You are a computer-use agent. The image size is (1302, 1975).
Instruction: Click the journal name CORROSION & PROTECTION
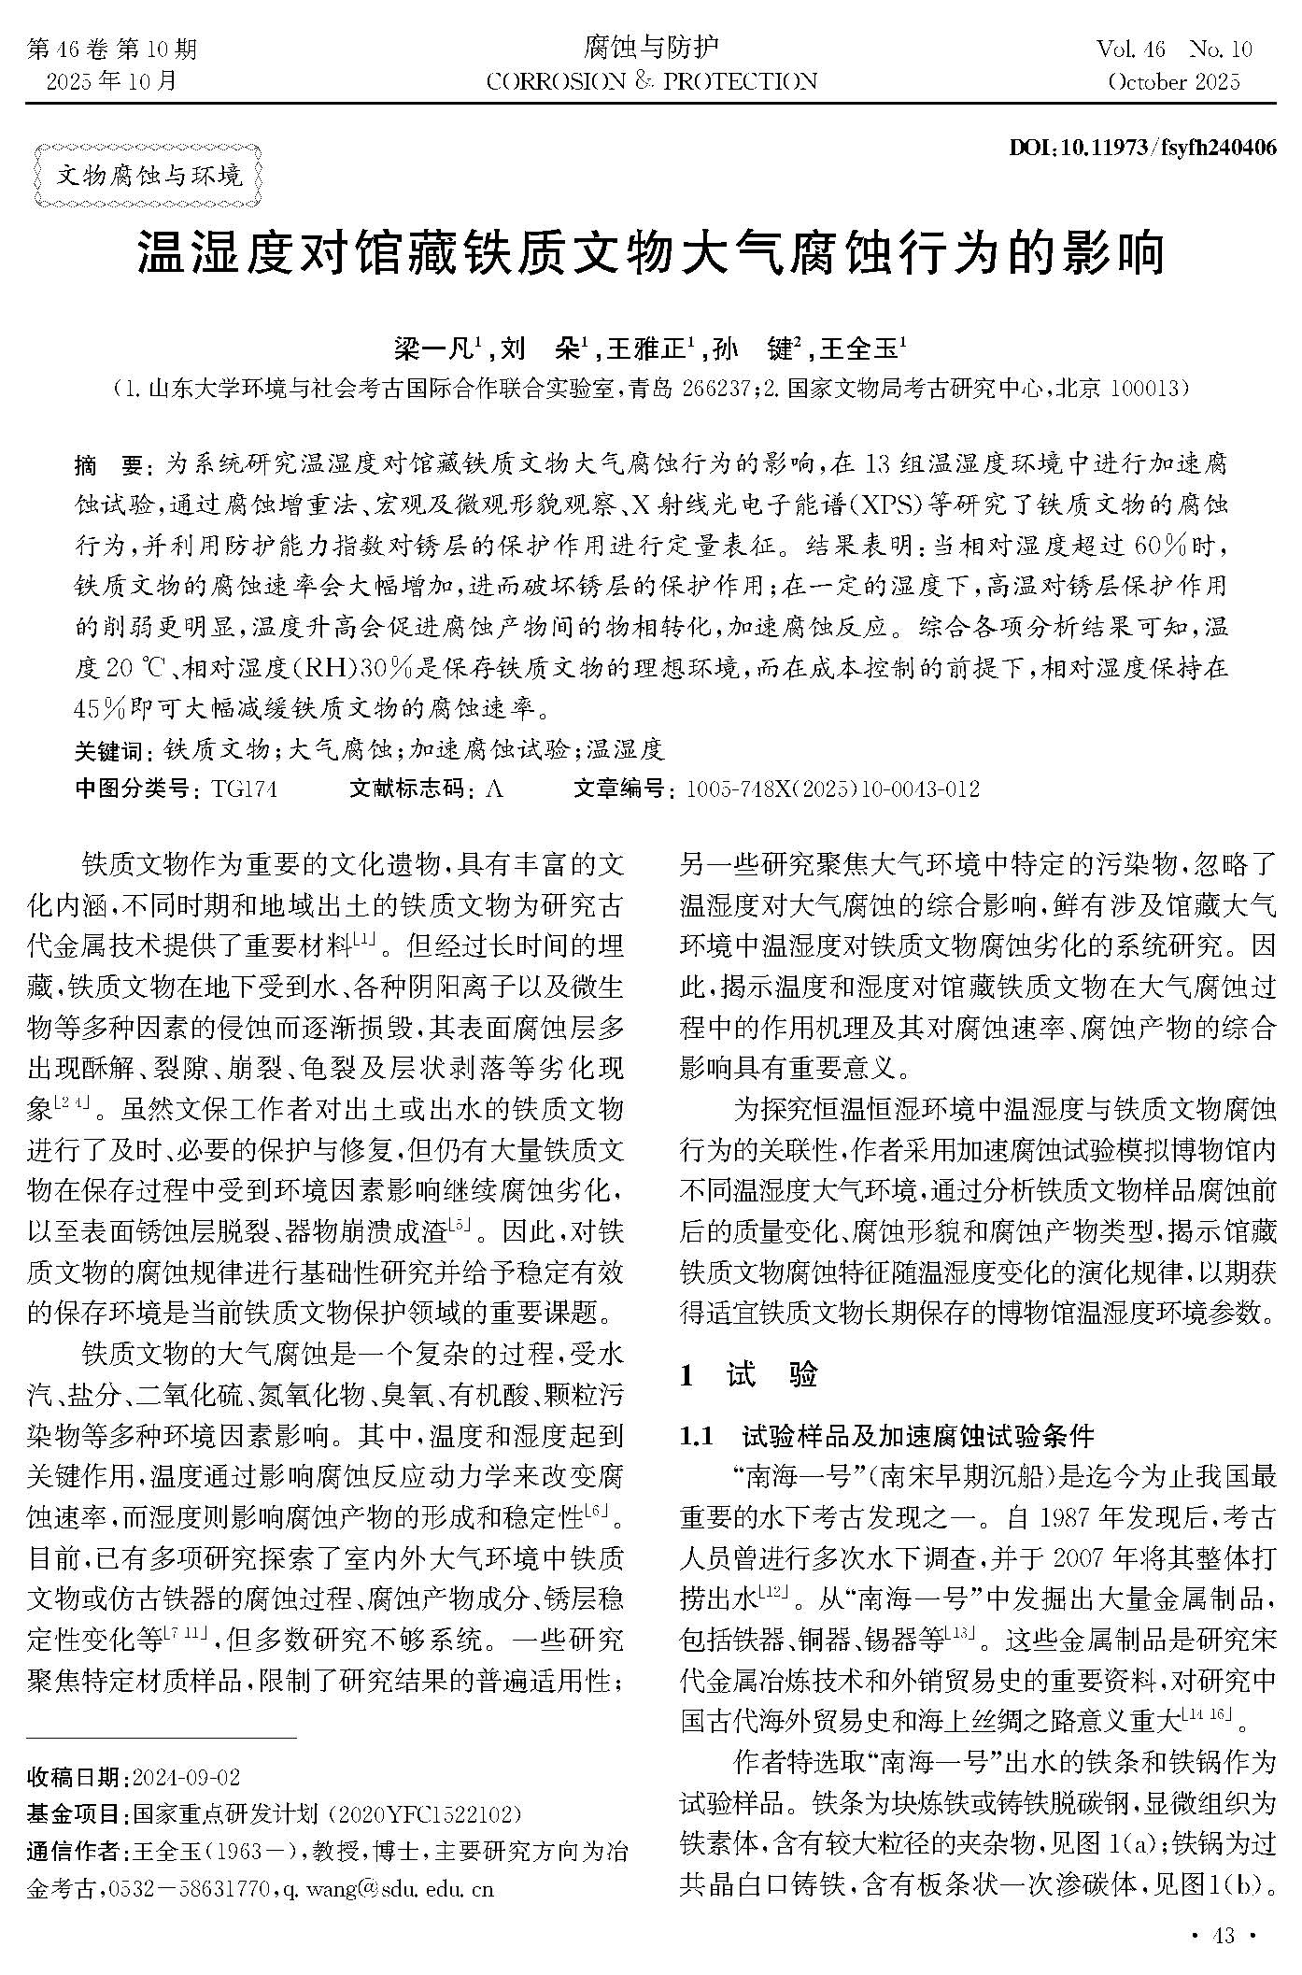coord(651,81)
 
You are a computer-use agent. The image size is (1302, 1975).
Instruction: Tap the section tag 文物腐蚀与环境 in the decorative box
coord(149,175)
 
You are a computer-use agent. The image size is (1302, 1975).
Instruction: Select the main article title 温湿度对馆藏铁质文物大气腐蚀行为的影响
coord(651,253)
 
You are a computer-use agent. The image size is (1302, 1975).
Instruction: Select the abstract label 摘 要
coord(106,464)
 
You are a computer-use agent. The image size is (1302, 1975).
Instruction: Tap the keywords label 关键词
coord(108,750)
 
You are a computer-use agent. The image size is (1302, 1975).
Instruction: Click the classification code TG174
coord(244,789)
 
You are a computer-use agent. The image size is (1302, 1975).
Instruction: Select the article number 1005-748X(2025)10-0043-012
coord(832,789)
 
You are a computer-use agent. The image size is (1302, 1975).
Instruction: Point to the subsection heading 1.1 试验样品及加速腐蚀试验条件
coord(887,1435)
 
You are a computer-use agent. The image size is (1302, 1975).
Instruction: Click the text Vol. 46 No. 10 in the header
coord(1174,49)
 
